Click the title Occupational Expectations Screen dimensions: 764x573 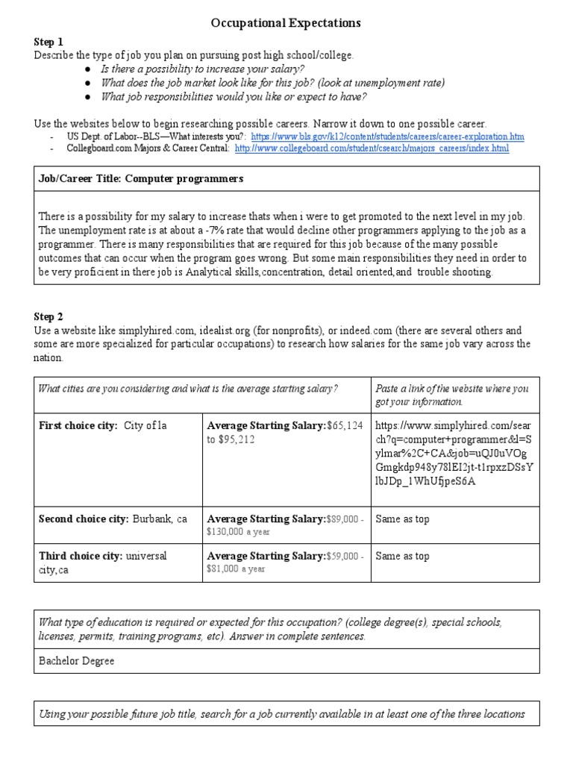286,23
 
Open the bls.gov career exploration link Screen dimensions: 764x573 387,137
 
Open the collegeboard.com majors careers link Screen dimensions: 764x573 372,149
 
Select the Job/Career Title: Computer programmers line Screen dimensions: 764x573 141,180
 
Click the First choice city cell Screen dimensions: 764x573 103,425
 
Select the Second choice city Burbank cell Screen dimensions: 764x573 113,519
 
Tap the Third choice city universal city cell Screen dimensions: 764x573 103,563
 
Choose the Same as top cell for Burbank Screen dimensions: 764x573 403,519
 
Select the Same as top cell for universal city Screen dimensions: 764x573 403,556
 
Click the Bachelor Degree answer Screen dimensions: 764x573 77,661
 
